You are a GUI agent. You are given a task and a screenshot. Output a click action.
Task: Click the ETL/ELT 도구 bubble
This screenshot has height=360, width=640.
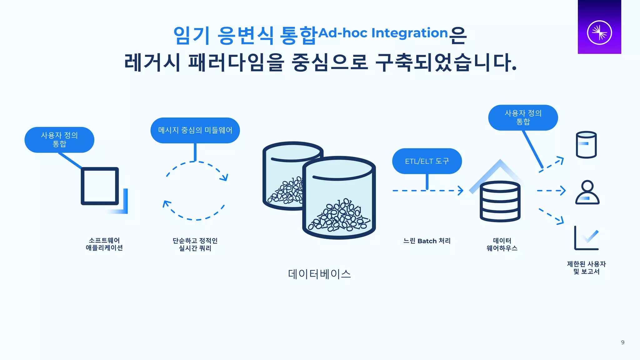[x=427, y=161]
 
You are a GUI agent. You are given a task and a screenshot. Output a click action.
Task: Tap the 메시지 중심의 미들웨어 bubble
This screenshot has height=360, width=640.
[x=195, y=130]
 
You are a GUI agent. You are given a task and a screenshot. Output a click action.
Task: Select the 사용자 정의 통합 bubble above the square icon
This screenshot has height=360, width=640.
[x=59, y=140]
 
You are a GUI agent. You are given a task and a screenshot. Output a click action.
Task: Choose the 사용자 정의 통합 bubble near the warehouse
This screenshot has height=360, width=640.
[x=523, y=117]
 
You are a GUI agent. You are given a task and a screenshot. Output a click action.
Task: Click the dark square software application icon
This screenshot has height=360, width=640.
[x=100, y=186]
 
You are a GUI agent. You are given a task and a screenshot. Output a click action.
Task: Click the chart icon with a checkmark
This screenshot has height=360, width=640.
[x=587, y=238]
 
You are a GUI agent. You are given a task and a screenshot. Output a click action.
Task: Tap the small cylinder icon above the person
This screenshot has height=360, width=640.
[x=586, y=145]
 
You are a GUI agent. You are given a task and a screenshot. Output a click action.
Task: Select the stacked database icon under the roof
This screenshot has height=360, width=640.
[x=500, y=202]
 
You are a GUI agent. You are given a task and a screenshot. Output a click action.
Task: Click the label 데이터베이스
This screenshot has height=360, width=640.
[x=319, y=274]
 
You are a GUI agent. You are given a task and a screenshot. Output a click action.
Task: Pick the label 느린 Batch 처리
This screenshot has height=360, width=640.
[x=427, y=241]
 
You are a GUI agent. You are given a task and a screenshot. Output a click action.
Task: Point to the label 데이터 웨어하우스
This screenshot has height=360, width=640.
[x=502, y=244]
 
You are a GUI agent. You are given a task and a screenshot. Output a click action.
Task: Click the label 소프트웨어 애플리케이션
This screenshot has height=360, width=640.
[x=104, y=244]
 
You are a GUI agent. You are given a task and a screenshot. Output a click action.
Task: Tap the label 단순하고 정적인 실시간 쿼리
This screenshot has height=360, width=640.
[x=195, y=244]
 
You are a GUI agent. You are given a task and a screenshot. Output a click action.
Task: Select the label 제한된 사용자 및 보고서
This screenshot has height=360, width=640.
[x=586, y=268]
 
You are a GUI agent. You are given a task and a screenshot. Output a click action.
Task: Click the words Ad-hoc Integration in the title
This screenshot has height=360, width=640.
[x=383, y=33]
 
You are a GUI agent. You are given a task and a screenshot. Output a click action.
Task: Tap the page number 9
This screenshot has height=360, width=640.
[x=622, y=342]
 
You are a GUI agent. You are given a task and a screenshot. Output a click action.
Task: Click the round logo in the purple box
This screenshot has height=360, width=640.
[x=599, y=32]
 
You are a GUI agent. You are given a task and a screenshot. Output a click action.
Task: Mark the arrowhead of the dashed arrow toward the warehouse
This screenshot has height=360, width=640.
[x=460, y=190]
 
